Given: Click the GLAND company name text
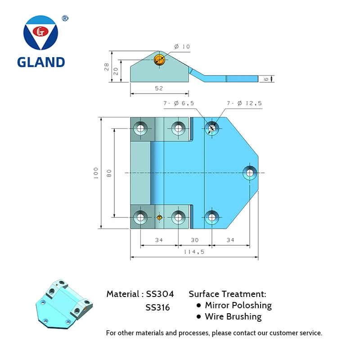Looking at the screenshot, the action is [x=41, y=62].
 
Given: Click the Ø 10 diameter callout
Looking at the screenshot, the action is [x=182, y=46].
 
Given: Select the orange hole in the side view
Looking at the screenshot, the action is [x=159, y=60].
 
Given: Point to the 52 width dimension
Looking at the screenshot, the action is [x=159, y=89].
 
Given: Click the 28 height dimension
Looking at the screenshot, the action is [x=107, y=67].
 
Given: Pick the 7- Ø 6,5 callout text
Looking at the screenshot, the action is [x=179, y=103].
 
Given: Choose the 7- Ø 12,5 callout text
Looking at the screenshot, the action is [x=244, y=103].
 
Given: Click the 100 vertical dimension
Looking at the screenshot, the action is [x=96, y=173].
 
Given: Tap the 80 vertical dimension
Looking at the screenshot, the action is [x=109, y=173].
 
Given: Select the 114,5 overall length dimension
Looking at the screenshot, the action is [x=194, y=252].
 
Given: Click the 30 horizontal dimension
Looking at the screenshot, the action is [x=194, y=240].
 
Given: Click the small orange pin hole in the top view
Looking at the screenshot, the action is [x=159, y=217].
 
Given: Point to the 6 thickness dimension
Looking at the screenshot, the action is [x=266, y=79].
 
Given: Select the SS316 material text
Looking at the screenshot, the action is [x=157, y=308].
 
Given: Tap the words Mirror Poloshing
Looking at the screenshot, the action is [x=238, y=306].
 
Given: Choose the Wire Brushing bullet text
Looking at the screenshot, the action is [x=233, y=317].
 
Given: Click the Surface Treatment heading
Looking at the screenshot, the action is [x=227, y=294].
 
